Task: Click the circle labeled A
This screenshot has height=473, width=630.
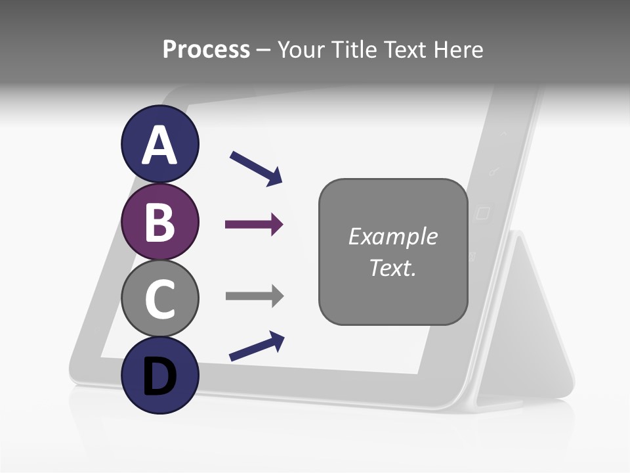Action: tap(160, 145)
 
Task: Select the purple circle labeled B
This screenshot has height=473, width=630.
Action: tap(160, 221)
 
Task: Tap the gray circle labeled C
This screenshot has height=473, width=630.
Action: tap(160, 298)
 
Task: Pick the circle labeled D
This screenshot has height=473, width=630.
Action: tap(160, 375)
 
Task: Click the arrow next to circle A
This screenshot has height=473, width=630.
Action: tap(256, 168)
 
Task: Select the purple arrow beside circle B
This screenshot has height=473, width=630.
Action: tap(254, 225)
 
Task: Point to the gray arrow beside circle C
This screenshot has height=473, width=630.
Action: tap(254, 296)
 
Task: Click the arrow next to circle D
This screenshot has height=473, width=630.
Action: tap(257, 347)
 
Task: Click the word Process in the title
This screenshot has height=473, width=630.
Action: tap(206, 50)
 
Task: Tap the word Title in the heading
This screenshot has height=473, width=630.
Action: tap(355, 50)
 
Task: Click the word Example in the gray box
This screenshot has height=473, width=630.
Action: tap(392, 236)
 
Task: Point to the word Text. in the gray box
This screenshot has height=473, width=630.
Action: tap(392, 267)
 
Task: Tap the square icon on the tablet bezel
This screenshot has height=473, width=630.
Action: tap(483, 213)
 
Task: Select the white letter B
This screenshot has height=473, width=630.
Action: tap(160, 221)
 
